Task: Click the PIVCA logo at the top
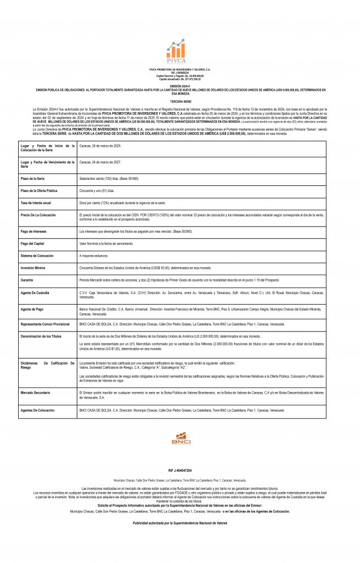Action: (180, 51)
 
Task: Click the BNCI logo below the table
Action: (180, 438)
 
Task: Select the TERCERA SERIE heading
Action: (180, 102)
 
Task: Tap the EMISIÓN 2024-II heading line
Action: (180, 86)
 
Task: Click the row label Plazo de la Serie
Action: (33, 179)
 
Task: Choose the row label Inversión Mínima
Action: (34, 268)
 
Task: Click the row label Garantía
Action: (28, 279)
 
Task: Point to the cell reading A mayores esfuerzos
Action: (94, 256)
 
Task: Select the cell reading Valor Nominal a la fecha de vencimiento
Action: (108, 243)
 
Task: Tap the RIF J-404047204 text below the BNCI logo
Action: (180, 471)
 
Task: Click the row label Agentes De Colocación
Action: (38, 410)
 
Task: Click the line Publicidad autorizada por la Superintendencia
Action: (180, 523)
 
